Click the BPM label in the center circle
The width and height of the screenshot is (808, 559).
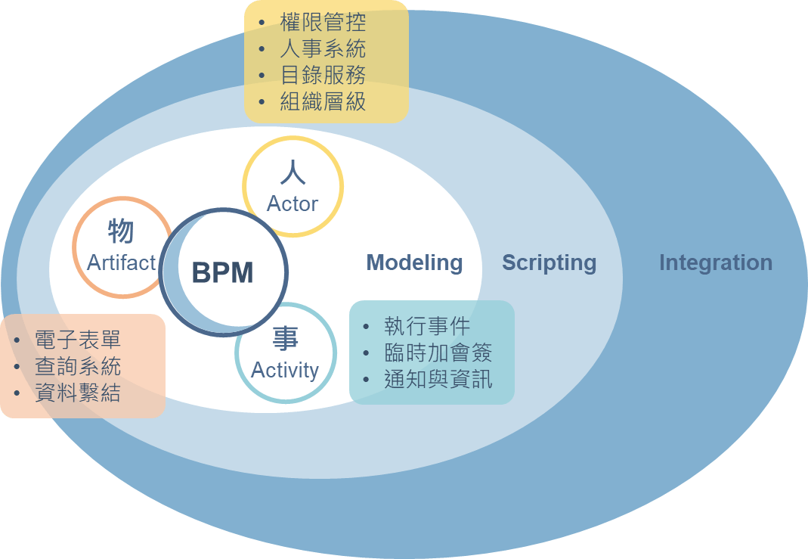[x=222, y=272]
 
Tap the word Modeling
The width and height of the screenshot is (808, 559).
[x=414, y=262]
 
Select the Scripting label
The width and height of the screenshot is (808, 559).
[x=550, y=262]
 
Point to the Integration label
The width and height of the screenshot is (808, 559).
[x=716, y=262]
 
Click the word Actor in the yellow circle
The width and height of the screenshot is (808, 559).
[x=293, y=203]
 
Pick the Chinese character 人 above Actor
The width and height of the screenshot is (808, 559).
[x=293, y=172]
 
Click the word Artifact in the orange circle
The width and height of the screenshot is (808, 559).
[x=121, y=262]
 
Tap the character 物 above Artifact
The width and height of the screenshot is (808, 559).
[x=121, y=231]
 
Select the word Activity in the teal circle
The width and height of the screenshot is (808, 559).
[x=285, y=370]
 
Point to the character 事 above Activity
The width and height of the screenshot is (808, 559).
[x=285, y=339]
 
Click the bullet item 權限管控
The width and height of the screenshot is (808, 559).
[x=323, y=23]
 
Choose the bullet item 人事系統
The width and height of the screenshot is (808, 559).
[x=323, y=49]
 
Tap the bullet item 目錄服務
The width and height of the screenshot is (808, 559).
[x=323, y=75]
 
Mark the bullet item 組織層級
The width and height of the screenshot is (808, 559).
[x=323, y=101]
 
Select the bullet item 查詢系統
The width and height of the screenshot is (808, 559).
[x=78, y=367]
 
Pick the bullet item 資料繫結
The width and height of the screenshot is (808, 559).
[x=78, y=393]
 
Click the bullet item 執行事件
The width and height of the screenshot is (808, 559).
[x=427, y=326]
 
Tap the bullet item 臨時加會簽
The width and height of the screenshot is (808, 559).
[x=438, y=352]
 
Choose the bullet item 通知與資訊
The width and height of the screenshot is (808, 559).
[x=438, y=379]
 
